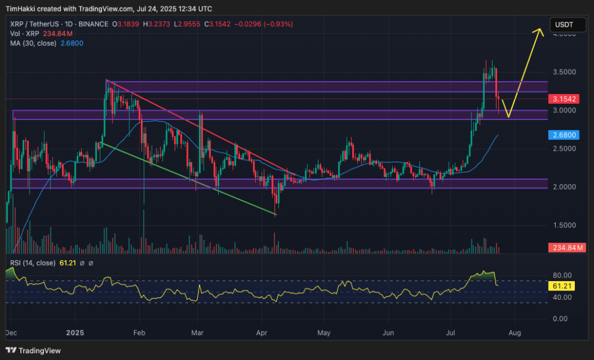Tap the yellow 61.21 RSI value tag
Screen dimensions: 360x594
click(562, 286)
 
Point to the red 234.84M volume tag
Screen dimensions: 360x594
click(566, 248)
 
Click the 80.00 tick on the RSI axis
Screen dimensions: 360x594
click(562, 275)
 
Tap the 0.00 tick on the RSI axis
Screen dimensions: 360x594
click(560, 319)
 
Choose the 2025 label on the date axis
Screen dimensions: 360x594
click(75, 333)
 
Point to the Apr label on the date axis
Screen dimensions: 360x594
click(261, 333)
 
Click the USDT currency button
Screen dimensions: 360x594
click(564, 24)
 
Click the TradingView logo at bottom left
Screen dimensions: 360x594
click(33, 351)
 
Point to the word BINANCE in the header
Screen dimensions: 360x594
click(93, 24)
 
